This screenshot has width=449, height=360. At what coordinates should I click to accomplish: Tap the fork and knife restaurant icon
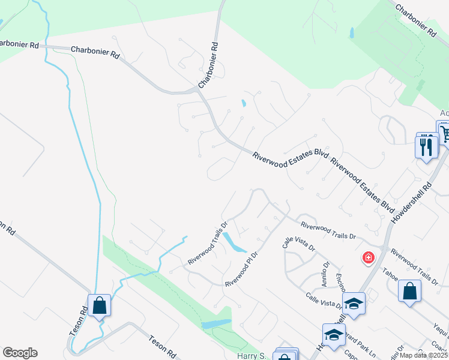[426, 146]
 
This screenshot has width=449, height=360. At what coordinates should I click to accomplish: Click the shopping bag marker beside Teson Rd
[99, 305]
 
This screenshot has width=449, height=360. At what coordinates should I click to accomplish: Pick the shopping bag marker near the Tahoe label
[409, 292]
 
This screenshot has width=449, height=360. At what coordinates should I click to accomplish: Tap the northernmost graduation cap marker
[354, 304]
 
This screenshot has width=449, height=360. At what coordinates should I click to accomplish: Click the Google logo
[20, 353]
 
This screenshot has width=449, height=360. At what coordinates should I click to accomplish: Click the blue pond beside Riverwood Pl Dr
[233, 243]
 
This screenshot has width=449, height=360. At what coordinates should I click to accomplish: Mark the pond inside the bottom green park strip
[217, 324]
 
